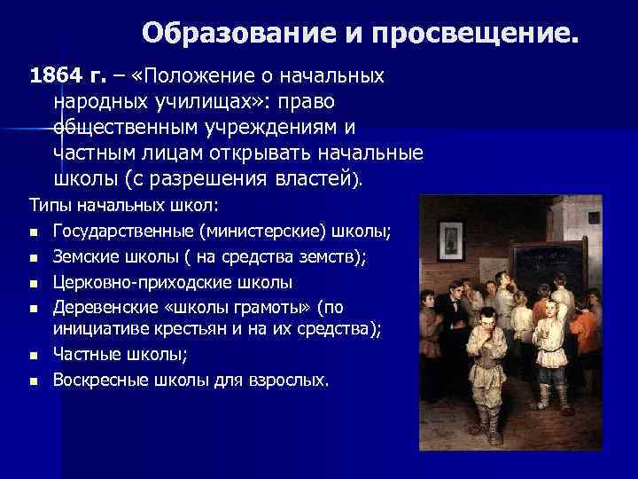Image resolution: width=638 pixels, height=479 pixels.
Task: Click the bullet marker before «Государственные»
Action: point(33,233)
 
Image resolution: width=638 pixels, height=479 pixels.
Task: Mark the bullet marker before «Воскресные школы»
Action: point(33,381)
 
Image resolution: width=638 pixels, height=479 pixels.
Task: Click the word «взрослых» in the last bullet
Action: point(292,381)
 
